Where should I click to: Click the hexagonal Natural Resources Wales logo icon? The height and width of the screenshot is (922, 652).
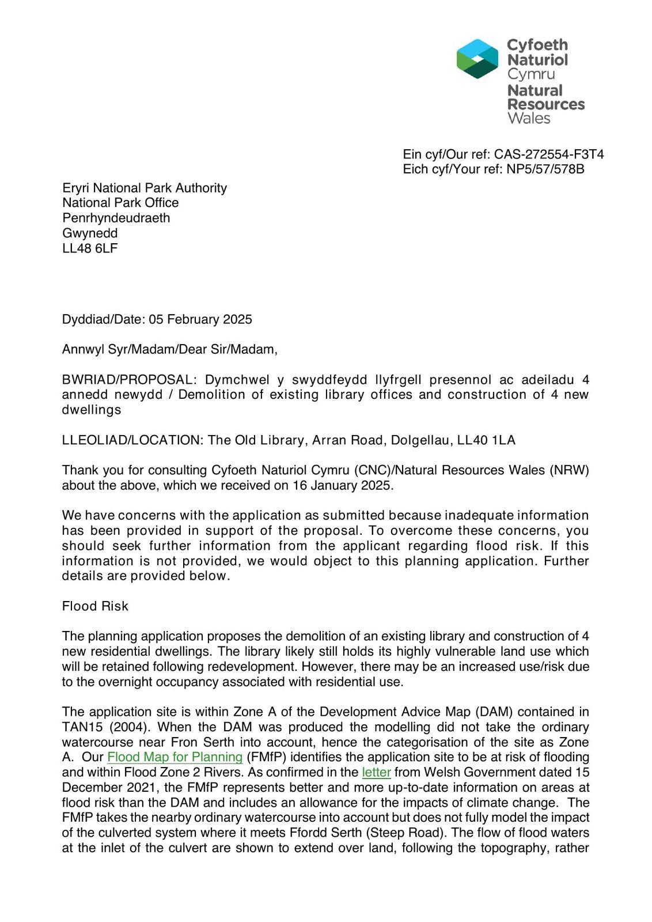click(477, 59)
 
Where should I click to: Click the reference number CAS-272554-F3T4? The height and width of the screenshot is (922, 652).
click(548, 154)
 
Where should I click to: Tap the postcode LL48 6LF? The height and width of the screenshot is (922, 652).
click(90, 248)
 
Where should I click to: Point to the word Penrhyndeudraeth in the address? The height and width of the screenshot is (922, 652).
click(116, 218)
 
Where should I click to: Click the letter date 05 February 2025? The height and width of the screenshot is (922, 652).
click(200, 319)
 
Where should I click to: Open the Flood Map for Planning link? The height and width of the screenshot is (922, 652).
click(175, 757)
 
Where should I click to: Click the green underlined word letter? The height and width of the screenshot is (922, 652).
click(376, 772)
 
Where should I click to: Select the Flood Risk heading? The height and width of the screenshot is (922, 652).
click(95, 606)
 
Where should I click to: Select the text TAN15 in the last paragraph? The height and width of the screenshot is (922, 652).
click(81, 727)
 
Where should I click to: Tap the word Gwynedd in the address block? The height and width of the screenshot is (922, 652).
click(90, 233)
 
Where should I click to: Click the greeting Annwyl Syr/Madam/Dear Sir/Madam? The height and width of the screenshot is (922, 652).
click(169, 349)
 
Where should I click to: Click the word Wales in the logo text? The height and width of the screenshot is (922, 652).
click(529, 119)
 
